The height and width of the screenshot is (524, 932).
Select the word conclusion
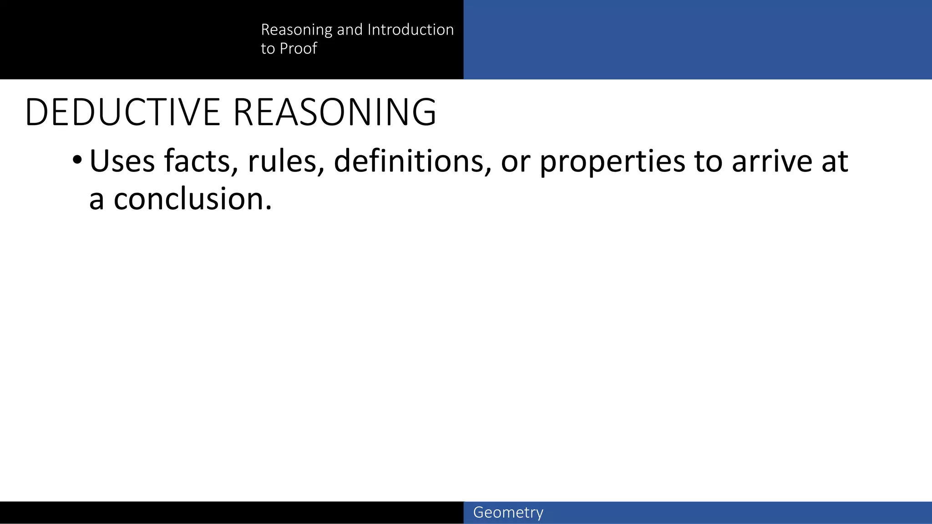[188, 199]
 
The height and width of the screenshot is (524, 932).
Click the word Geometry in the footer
[508, 513]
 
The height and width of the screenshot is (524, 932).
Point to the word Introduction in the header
[410, 30]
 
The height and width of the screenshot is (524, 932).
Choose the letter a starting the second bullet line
[96, 200]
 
